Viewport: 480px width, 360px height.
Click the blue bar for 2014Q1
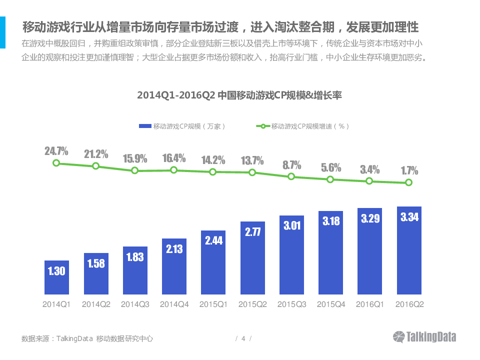(x=56, y=277)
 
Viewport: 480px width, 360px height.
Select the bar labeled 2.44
(x=213, y=262)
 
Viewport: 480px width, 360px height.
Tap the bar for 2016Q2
(x=409, y=250)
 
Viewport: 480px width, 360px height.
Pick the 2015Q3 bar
(x=291, y=255)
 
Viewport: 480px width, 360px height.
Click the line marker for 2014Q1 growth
(x=56, y=163)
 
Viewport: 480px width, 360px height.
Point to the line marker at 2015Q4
(x=330, y=179)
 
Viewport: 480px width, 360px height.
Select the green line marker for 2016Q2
(x=409, y=182)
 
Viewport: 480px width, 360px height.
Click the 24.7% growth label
(x=56, y=151)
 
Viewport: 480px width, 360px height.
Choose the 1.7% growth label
(x=409, y=171)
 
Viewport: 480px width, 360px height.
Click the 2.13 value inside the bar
(x=174, y=248)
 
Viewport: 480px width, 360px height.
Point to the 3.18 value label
(x=330, y=220)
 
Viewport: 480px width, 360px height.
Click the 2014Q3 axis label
(x=135, y=304)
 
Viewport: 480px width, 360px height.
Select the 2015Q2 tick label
(x=252, y=304)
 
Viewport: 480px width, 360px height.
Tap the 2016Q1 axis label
(x=370, y=304)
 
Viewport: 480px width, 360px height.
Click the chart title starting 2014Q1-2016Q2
(x=239, y=95)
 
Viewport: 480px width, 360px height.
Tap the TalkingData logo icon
(x=399, y=337)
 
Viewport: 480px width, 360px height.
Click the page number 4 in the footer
(x=243, y=338)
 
